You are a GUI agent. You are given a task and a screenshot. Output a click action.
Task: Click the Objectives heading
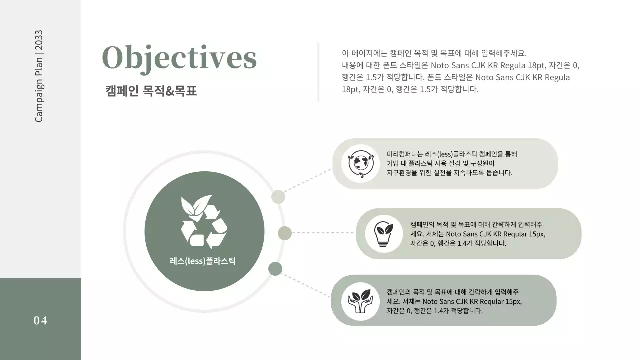click(179, 58)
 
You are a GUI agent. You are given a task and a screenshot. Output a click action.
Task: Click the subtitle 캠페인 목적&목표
click(151, 91)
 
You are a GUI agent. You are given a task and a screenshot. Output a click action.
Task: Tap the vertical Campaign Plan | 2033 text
click(39, 76)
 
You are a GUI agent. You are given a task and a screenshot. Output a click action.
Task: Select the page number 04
click(40, 321)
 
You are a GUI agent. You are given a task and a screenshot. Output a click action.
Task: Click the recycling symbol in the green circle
click(204, 222)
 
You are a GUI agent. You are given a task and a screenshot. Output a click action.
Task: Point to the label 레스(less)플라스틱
click(202, 261)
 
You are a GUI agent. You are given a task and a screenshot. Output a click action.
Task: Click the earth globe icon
click(360, 163)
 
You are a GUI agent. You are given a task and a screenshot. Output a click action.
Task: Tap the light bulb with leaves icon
click(384, 233)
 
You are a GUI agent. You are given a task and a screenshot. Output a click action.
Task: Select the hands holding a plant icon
click(360, 301)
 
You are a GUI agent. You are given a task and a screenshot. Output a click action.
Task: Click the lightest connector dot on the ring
click(278, 197)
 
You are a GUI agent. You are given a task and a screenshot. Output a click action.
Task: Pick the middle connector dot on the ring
click(285, 233)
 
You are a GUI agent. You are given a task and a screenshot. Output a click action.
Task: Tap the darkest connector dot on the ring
click(275, 269)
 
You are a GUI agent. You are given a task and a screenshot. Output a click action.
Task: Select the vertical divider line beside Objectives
click(318, 72)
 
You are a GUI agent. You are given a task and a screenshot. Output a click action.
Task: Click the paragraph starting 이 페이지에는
click(460, 71)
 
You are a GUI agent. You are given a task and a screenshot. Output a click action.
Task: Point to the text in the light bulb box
click(477, 234)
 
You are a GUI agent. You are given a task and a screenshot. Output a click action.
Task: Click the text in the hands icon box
click(454, 301)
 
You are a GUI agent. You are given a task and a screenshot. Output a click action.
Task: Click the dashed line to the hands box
click(306, 285)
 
